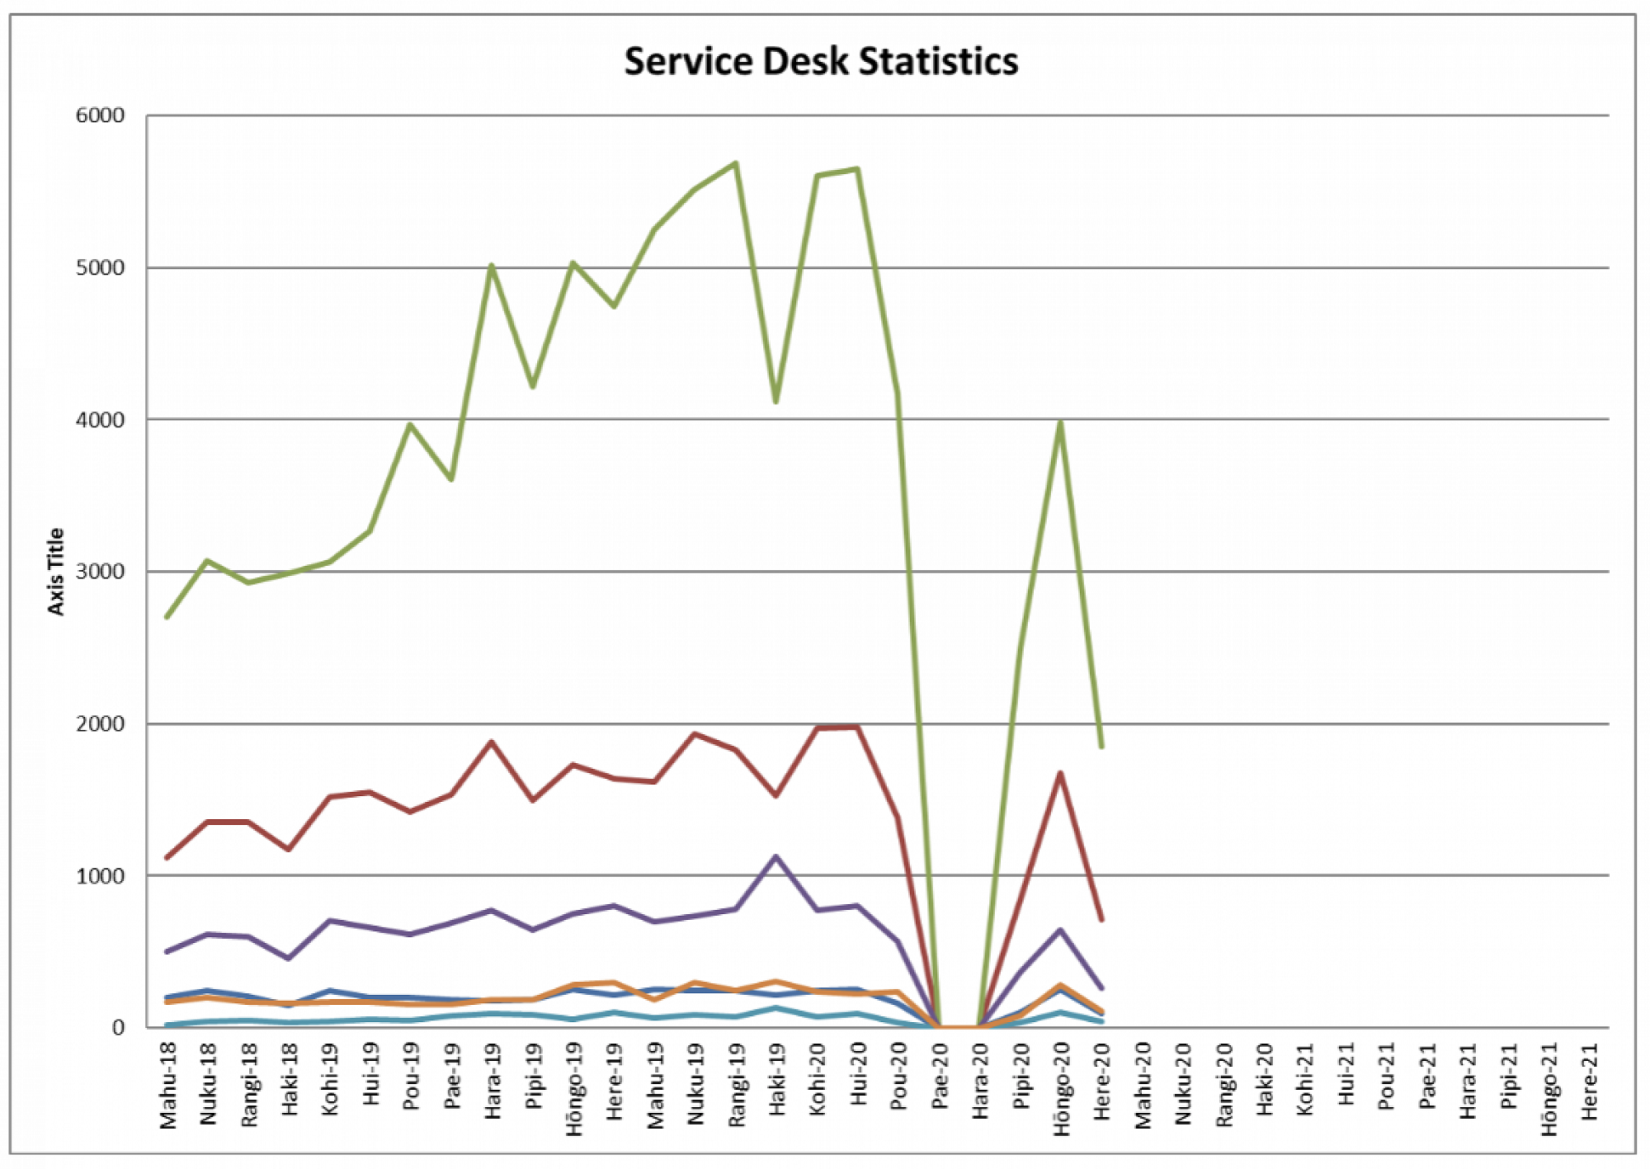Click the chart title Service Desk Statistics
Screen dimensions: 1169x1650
click(821, 62)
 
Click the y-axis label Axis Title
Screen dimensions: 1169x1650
click(55, 571)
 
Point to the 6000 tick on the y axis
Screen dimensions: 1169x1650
click(100, 115)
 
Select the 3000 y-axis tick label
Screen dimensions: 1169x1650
click(100, 572)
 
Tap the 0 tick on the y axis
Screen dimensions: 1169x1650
click(118, 1028)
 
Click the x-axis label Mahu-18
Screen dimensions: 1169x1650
click(168, 1086)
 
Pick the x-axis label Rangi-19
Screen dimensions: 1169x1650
click(737, 1085)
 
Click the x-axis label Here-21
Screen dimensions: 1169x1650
click(1590, 1082)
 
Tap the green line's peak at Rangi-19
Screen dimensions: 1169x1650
click(736, 163)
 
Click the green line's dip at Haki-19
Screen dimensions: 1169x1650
click(776, 402)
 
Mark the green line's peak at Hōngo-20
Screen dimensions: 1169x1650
click(1060, 422)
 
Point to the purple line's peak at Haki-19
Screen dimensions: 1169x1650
click(776, 856)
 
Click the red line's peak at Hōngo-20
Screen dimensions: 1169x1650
click(1060, 773)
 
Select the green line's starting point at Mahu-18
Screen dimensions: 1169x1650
click(167, 617)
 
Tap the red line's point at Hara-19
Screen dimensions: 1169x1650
click(492, 742)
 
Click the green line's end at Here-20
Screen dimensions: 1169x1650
click(1101, 747)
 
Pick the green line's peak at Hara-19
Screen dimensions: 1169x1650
click(492, 266)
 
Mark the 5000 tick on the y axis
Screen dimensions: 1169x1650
click(100, 268)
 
